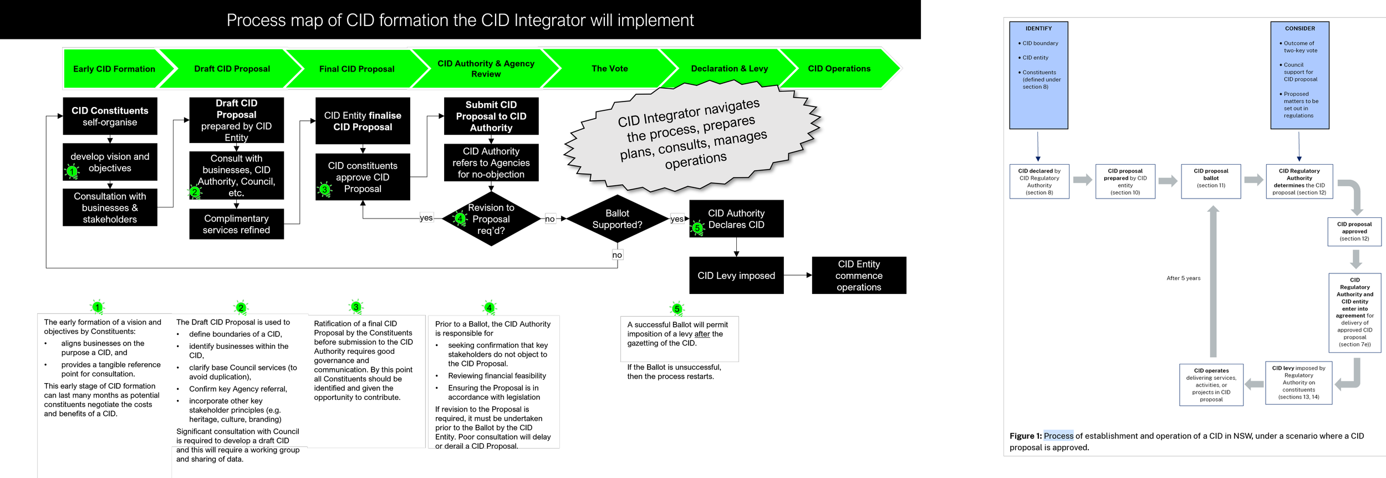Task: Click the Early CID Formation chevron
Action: (114, 69)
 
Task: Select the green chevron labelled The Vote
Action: (609, 69)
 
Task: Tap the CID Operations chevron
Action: (839, 69)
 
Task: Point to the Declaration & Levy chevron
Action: (729, 69)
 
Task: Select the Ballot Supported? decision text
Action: (617, 219)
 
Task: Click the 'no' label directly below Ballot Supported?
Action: (617, 255)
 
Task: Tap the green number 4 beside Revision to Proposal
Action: (460, 218)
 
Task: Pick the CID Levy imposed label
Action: (736, 276)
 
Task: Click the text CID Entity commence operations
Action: (859, 276)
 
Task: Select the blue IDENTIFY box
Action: (1038, 75)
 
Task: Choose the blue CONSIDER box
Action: (1300, 75)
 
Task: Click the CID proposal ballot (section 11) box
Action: (1211, 181)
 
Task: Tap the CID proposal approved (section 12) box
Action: (1354, 231)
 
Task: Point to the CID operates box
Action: (1211, 385)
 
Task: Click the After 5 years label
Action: (1183, 278)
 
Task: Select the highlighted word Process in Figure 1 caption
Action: (1058, 436)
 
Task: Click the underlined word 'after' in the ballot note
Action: (702, 334)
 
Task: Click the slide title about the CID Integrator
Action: (460, 21)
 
